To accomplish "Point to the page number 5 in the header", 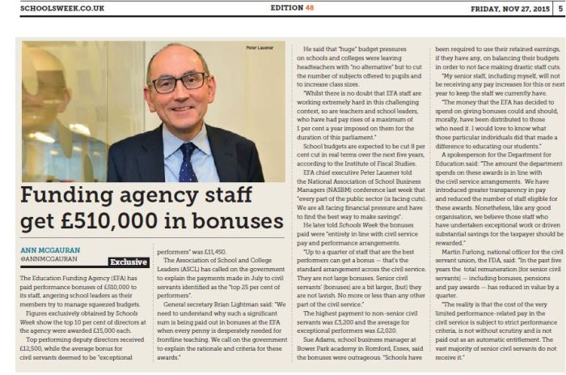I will (x=560, y=8).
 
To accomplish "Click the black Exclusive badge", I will (x=129, y=262).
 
